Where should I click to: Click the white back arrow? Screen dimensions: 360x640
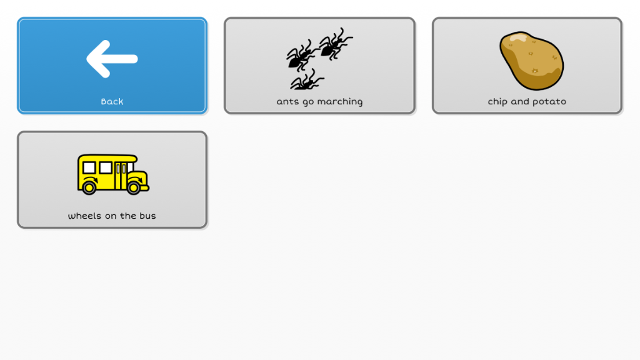pyautogui.click(x=111, y=59)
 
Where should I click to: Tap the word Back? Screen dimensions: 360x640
pyautogui.click(x=112, y=101)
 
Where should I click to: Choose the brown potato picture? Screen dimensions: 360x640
pyautogui.click(x=531, y=61)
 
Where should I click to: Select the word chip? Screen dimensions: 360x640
pyautogui.click(x=497, y=101)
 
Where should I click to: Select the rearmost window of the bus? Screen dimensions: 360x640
pyautogui.click(x=89, y=167)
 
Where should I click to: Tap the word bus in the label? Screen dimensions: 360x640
pyautogui.click(x=147, y=216)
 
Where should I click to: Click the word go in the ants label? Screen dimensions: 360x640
pyautogui.click(x=309, y=102)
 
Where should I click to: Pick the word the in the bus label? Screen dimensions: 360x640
pyautogui.click(x=128, y=216)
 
